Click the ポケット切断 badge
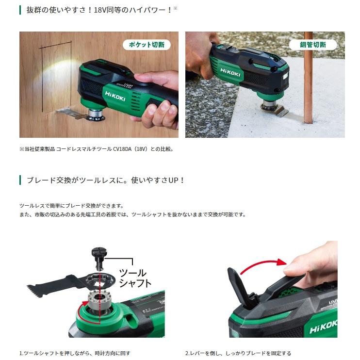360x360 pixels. pyautogui.click(x=146, y=45)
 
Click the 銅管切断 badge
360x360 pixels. pyautogui.click(x=313, y=45)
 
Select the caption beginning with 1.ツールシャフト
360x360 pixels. pyautogui.click(x=75, y=353)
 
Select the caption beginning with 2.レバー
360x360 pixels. pyautogui.click(x=238, y=353)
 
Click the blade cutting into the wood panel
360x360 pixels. pyautogui.click(x=68, y=114)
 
